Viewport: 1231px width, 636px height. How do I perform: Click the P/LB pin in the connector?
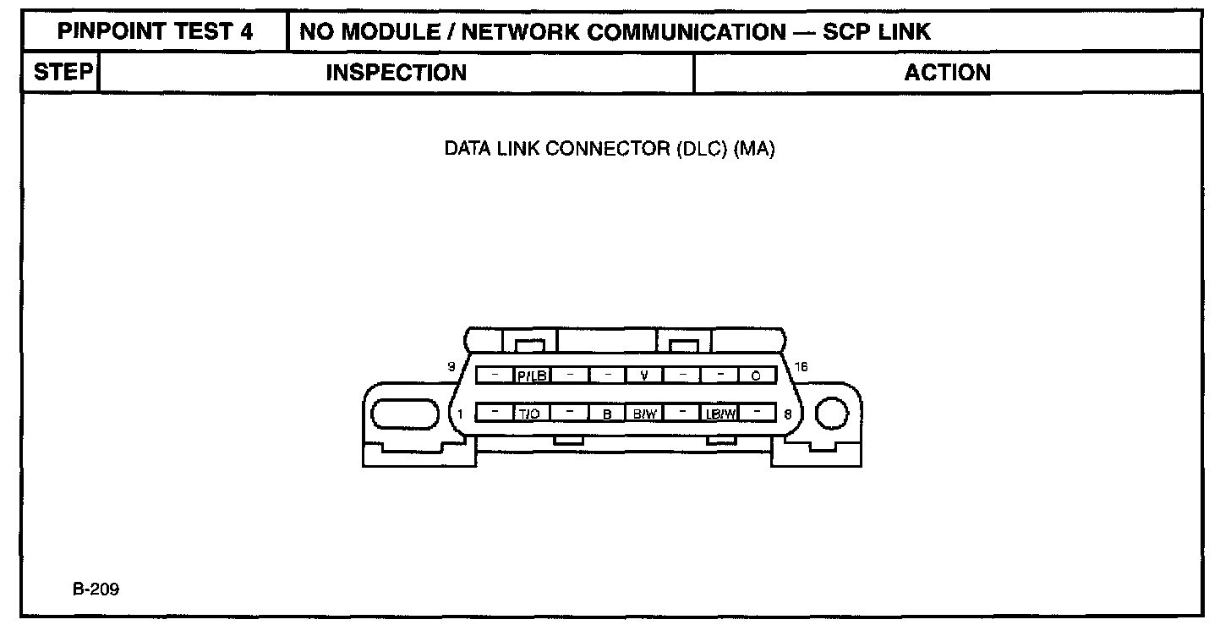[x=533, y=376]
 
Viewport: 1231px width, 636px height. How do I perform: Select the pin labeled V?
[x=644, y=376]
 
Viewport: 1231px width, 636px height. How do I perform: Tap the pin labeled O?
[x=756, y=376]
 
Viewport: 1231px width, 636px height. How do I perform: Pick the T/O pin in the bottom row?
[x=533, y=414]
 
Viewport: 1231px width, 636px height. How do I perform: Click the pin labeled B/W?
[x=644, y=414]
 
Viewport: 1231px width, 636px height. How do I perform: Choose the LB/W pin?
[x=719, y=414]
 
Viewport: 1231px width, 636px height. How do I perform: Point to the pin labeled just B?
[x=607, y=414]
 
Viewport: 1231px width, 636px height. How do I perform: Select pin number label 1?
[x=461, y=414]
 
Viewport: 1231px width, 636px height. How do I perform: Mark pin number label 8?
[x=788, y=414]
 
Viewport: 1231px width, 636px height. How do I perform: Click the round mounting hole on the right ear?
[x=830, y=414]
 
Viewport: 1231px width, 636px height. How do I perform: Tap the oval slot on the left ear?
[x=402, y=415]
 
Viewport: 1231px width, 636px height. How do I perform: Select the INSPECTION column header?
[x=396, y=73]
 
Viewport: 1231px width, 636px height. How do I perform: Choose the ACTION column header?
[x=947, y=73]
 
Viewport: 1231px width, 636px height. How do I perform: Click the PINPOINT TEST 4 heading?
[x=155, y=33]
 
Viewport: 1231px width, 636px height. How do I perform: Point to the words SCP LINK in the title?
[x=877, y=33]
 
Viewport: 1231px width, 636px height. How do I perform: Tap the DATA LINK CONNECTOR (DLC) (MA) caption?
[x=610, y=151]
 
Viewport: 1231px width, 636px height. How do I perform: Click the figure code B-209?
[x=96, y=589]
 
